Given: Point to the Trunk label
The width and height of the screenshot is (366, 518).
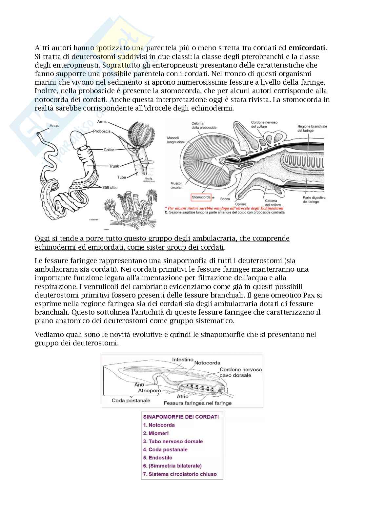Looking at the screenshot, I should tap(114, 166).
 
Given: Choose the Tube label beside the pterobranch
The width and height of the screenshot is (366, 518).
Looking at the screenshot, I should tap(122, 177).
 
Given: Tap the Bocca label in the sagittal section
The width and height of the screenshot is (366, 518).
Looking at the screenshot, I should tap(225, 199).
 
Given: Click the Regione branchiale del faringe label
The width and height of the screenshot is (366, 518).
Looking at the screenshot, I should tap(312, 128).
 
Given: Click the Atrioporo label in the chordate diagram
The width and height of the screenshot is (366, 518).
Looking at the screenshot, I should tap(149, 391).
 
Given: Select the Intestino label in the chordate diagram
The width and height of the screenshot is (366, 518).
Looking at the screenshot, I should tap(183, 360).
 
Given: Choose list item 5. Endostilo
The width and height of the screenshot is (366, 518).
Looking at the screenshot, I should tap(158, 458).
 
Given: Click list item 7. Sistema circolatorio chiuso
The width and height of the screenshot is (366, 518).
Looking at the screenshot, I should tap(180, 474).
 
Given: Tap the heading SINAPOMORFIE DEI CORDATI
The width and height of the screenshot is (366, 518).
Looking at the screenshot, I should tap(181, 417).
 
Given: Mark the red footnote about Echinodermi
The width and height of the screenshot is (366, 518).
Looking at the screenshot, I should tap(224, 208).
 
